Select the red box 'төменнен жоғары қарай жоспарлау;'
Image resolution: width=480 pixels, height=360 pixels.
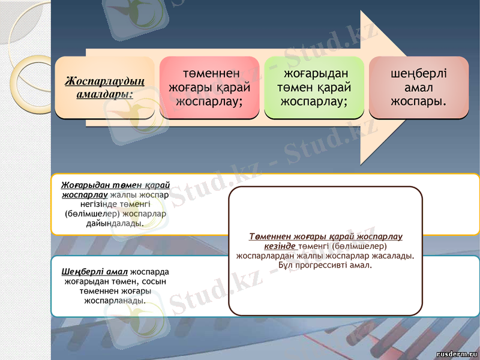209,88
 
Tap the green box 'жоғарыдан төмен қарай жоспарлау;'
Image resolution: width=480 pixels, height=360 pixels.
314,88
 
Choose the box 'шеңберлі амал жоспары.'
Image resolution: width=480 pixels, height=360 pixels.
418,88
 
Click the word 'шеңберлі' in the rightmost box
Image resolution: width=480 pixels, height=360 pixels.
419,74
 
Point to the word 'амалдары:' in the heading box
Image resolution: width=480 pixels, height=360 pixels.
104,94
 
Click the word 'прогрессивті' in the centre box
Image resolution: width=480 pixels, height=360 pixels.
332,265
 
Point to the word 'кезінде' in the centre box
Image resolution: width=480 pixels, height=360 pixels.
280,246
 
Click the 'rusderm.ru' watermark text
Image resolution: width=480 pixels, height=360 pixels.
457,354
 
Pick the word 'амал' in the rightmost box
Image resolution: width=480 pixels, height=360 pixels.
419,88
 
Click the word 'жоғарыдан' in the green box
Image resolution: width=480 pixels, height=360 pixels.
314,74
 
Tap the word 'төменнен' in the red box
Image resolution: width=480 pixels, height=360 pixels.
209,74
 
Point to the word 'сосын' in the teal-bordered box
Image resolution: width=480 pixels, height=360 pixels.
157,281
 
